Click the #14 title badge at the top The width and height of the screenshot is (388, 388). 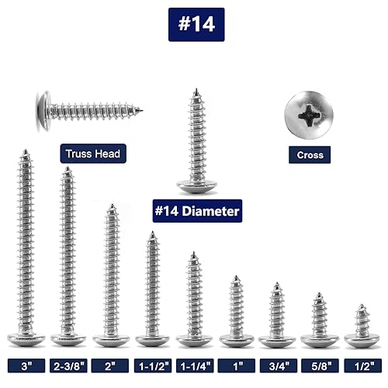click(x=196, y=24)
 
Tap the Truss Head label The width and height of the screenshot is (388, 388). click(x=92, y=154)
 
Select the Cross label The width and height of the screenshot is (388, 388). click(x=310, y=154)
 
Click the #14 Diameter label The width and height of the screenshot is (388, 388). click(x=197, y=210)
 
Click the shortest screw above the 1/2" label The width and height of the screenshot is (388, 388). click(x=362, y=326)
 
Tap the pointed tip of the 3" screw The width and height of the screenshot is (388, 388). click(x=26, y=152)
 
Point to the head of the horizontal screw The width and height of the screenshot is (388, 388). click(x=43, y=109)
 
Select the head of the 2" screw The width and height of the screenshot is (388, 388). click(x=111, y=339)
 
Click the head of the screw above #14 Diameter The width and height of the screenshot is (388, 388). click(x=196, y=185)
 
